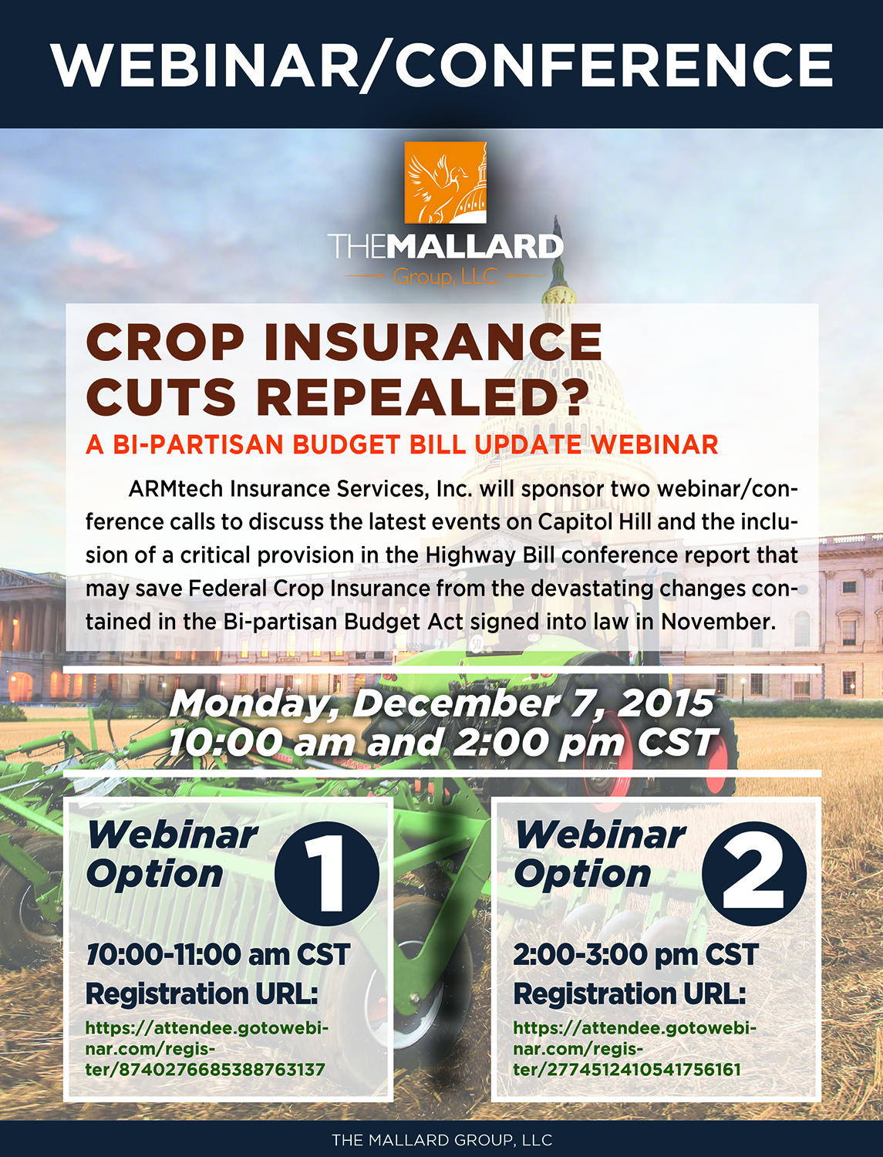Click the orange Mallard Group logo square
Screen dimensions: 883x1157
(445, 182)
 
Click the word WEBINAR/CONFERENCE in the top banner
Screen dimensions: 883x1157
(441, 65)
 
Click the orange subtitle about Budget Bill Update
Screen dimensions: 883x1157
(402, 444)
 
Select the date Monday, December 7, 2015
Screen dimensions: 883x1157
(441, 703)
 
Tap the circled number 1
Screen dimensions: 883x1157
(327, 872)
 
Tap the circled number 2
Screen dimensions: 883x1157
(754, 872)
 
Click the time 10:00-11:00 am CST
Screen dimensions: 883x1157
(217, 954)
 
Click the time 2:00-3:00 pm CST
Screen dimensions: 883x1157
(636, 954)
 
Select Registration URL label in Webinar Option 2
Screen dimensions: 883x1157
(629, 994)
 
